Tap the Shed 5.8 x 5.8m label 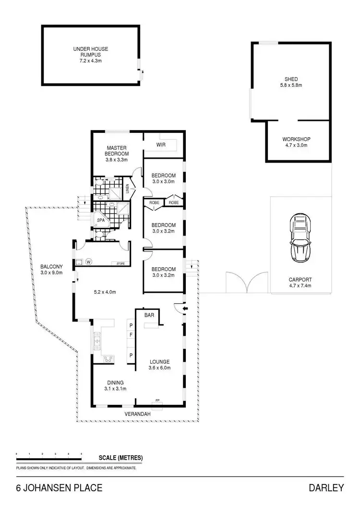pyautogui.click(x=291, y=82)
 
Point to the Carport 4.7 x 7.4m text pyautogui.click(x=300, y=282)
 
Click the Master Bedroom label pyautogui.click(x=117, y=154)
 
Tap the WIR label pyautogui.click(x=161, y=144)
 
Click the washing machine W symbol pyautogui.click(x=89, y=262)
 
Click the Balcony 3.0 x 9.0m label pyautogui.click(x=50, y=270)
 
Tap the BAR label pyautogui.click(x=149, y=315)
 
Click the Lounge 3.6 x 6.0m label pyautogui.click(x=159, y=365)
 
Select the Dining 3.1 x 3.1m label pyautogui.click(x=115, y=386)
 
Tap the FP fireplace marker pyautogui.click(x=156, y=400)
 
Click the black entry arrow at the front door pyautogui.click(x=186, y=308)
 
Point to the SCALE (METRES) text pyautogui.click(x=120, y=458)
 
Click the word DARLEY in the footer pyautogui.click(x=327, y=488)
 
